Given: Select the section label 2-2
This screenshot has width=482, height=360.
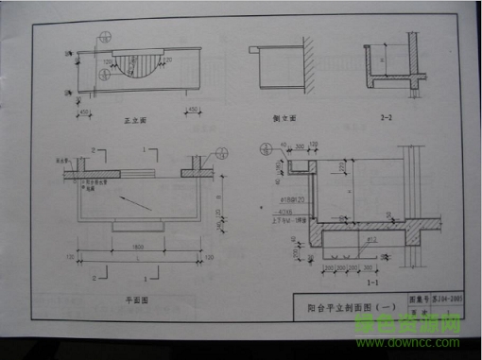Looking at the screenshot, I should pyautogui.click(x=386, y=119).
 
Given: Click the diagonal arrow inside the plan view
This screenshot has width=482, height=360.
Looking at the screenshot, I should pyautogui.click(x=133, y=200).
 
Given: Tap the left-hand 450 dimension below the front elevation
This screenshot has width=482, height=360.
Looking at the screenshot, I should pyautogui.click(x=85, y=109).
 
